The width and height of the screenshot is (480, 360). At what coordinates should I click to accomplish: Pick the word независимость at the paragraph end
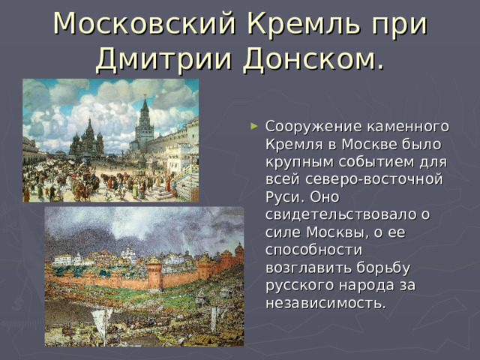coord(325,303)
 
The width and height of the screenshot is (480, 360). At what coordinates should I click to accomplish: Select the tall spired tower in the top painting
coord(144,124)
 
